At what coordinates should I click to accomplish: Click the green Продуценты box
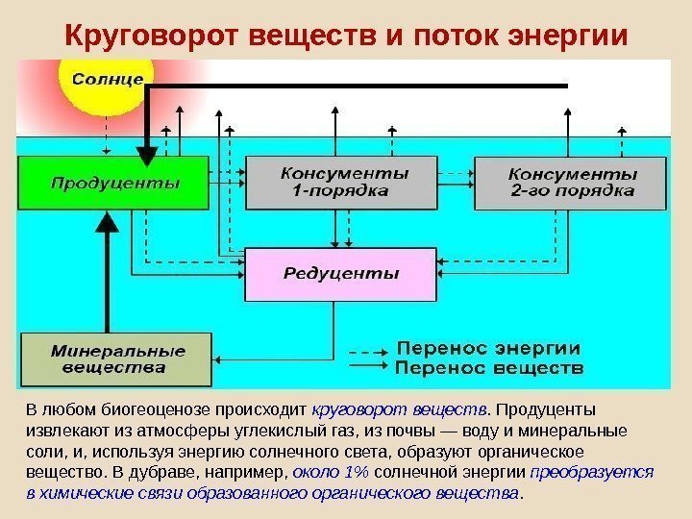pyautogui.click(x=114, y=183)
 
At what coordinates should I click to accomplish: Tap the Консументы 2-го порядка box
pyautogui.click(x=571, y=183)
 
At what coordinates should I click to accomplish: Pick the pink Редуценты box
pyautogui.click(x=340, y=274)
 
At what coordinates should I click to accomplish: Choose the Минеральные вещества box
pyautogui.click(x=115, y=358)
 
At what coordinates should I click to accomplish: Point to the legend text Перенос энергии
pyautogui.click(x=489, y=347)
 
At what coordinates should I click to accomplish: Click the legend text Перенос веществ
pyautogui.click(x=489, y=367)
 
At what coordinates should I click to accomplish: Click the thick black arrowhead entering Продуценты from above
pyautogui.click(x=147, y=154)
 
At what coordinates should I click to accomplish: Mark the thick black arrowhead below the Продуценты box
pyautogui.click(x=109, y=224)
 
